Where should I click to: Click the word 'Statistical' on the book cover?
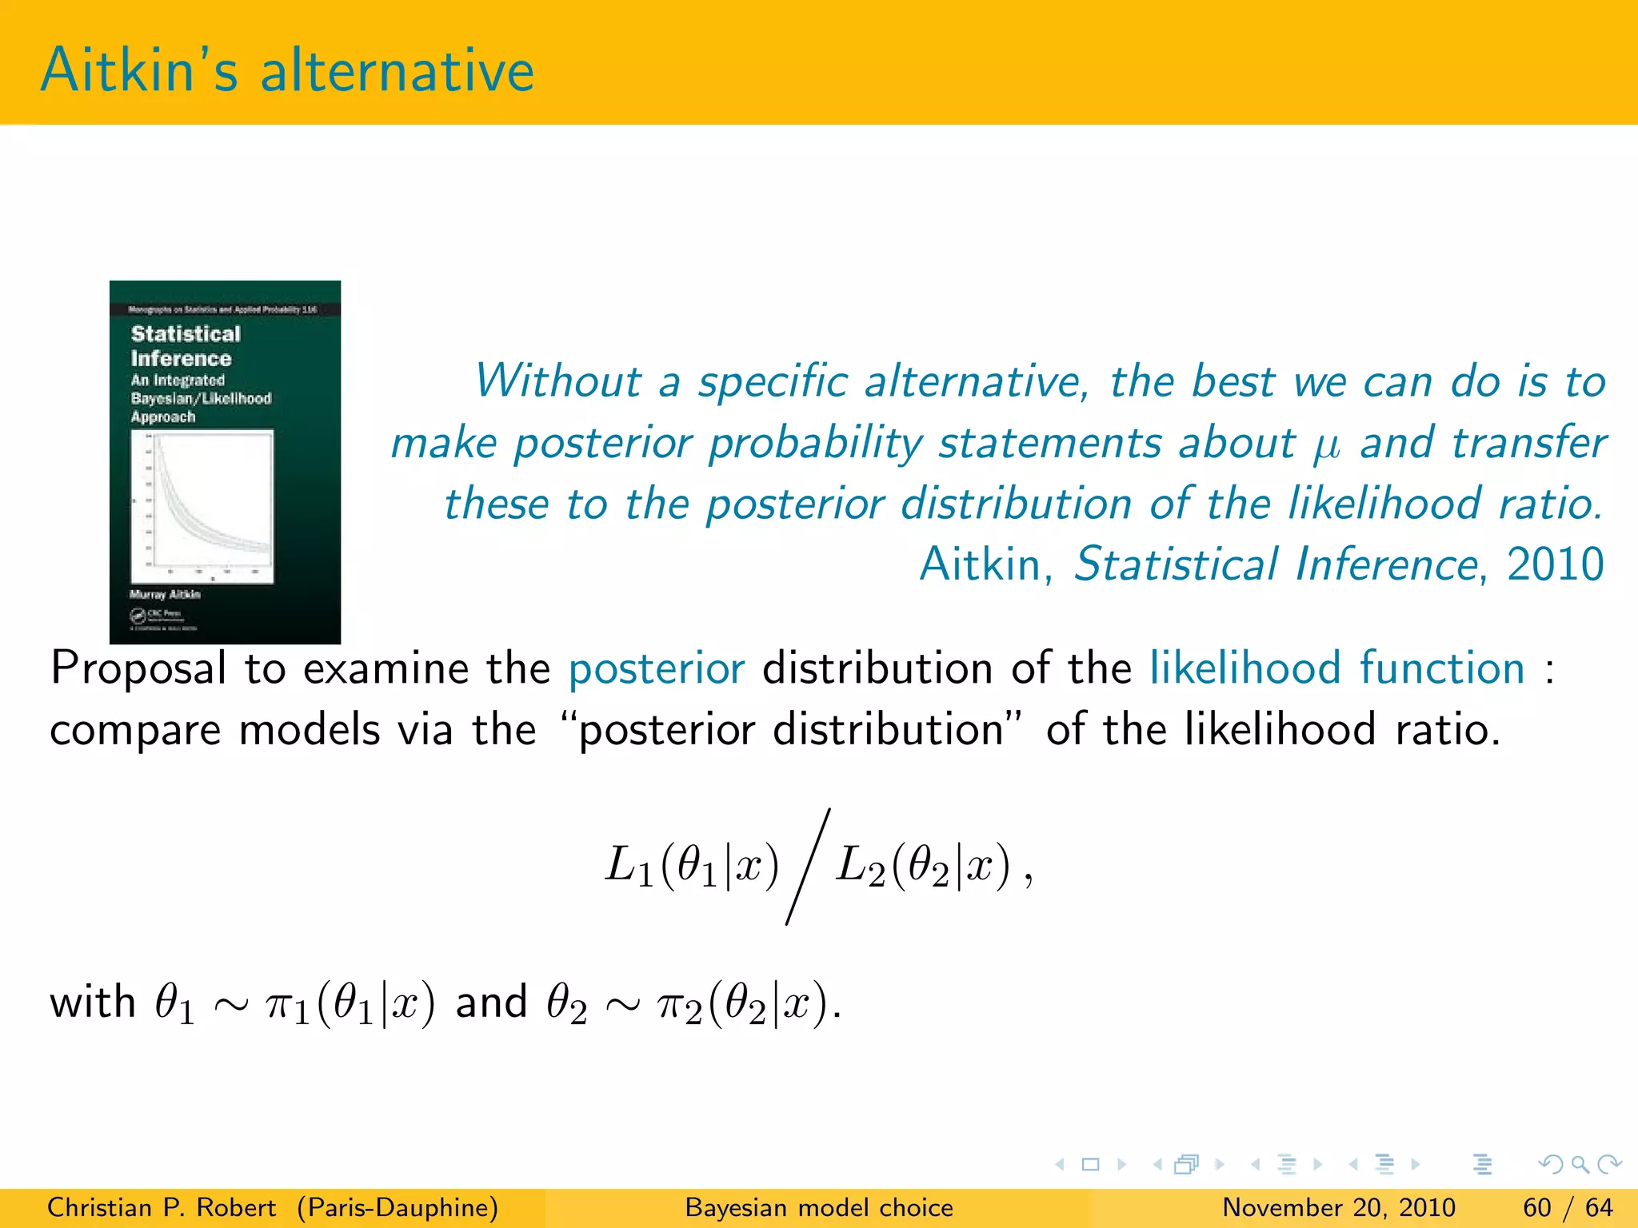pyautogui.click(x=186, y=333)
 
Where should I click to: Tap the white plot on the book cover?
pyautogui.click(x=202, y=506)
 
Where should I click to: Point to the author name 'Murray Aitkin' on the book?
pyautogui.click(x=165, y=594)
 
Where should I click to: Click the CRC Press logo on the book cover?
pyautogui.click(x=157, y=615)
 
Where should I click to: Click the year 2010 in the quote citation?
pyautogui.click(x=1556, y=564)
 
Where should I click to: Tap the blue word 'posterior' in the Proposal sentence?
pyautogui.click(x=656, y=668)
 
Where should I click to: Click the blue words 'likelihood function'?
pyautogui.click(x=1337, y=668)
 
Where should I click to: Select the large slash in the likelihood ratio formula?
pyautogui.click(x=808, y=867)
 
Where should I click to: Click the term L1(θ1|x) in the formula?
pyautogui.click(x=692, y=867)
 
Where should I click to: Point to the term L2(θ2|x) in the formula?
pyautogui.click(x=923, y=867)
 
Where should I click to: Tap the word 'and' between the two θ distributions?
pyautogui.click(x=491, y=1002)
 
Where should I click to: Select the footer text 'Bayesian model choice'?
pyautogui.click(x=819, y=1207)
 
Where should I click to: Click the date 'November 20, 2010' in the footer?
pyautogui.click(x=1339, y=1207)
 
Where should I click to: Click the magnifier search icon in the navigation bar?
pyautogui.click(x=1580, y=1164)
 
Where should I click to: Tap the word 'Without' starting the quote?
pyautogui.click(x=557, y=381)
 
